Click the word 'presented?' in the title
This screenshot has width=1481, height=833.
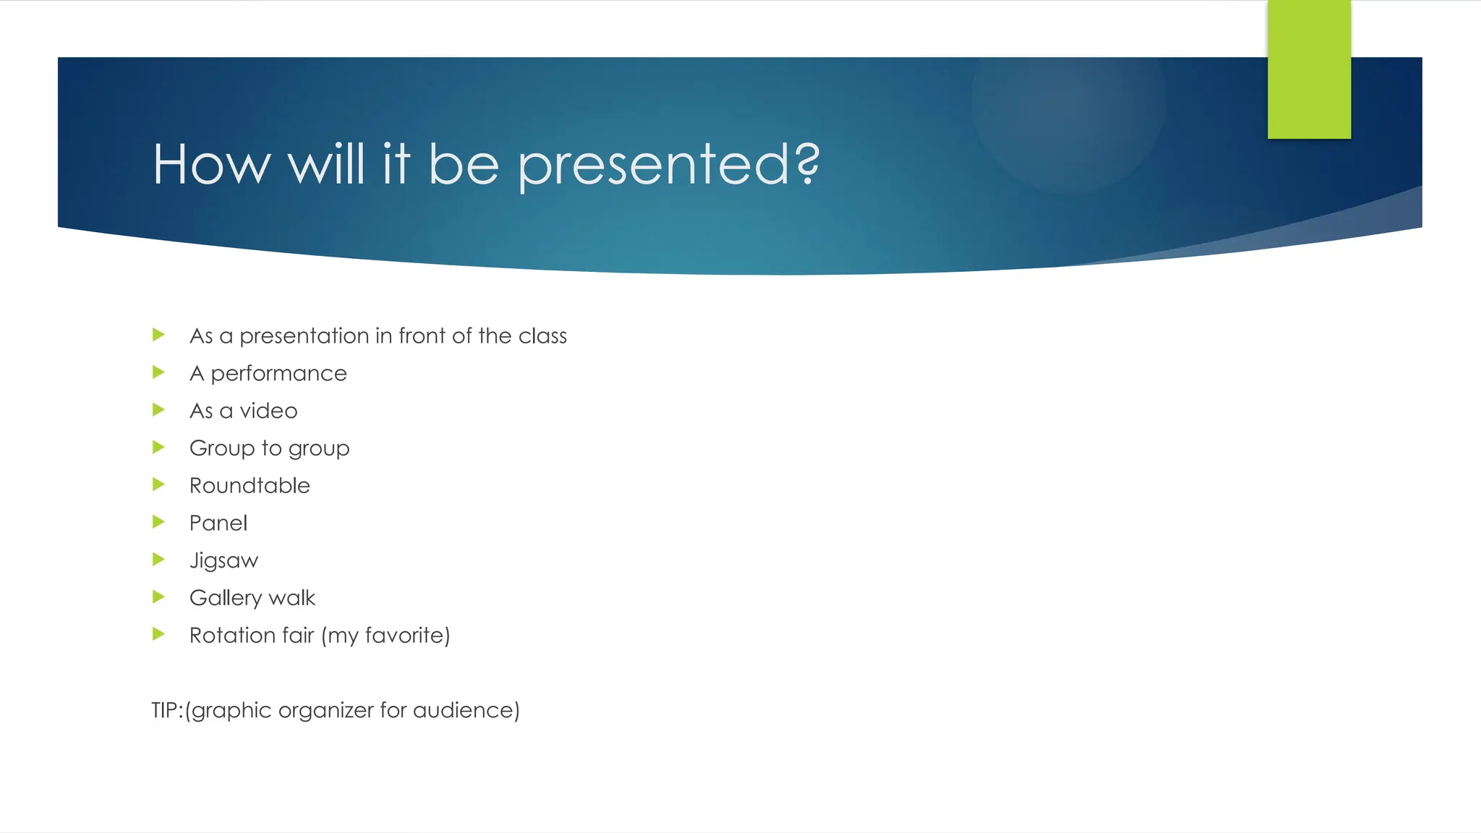pos(669,165)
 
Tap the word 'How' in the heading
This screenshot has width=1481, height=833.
pos(211,165)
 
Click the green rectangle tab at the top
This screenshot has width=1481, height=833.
pos(1309,69)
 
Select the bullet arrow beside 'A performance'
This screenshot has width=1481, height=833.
pos(159,372)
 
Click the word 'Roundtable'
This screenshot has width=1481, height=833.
pos(249,485)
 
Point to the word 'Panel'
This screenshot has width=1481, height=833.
pos(218,523)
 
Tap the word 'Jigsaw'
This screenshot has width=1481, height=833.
pos(223,561)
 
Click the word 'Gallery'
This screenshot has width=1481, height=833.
pos(226,598)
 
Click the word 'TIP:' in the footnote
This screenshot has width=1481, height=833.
pos(167,710)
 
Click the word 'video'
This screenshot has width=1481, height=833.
pos(268,411)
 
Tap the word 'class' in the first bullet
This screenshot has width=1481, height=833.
pos(542,336)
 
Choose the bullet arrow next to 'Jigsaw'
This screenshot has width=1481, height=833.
pos(159,559)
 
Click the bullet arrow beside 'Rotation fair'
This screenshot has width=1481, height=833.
pos(159,634)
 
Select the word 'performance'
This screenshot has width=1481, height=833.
pos(278,374)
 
